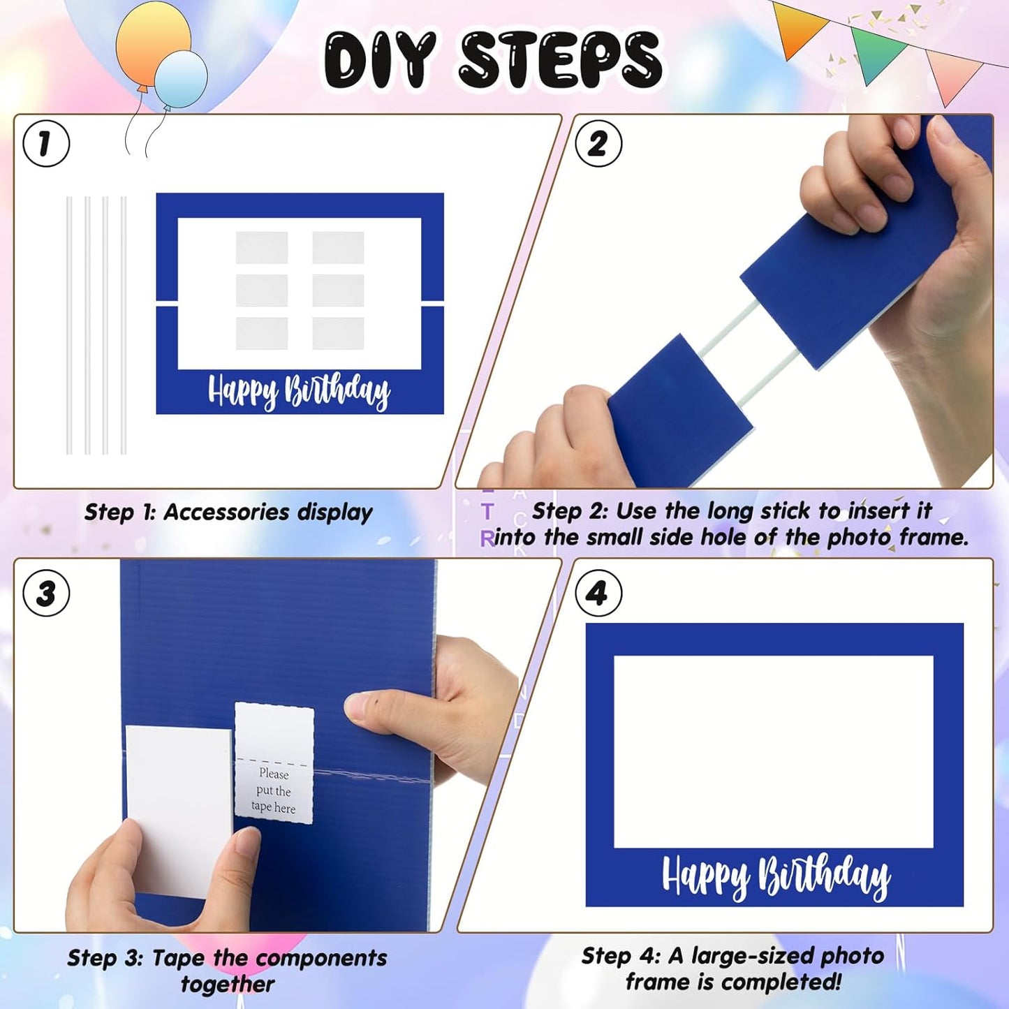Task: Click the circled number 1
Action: click(x=46, y=144)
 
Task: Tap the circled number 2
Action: click(x=598, y=144)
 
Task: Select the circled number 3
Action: click(x=46, y=594)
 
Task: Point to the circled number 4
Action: click(x=598, y=594)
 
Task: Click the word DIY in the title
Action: click(x=381, y=61)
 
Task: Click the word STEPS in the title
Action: click(x=560, y=61)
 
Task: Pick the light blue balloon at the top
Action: click(x=182, y=79)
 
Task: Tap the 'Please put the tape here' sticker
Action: click(x=274, y=763)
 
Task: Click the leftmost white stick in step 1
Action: click(x=69, y=325)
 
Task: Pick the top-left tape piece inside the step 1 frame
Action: click(x=262, y=247)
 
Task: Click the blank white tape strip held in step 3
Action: click(x=178, y=803)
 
